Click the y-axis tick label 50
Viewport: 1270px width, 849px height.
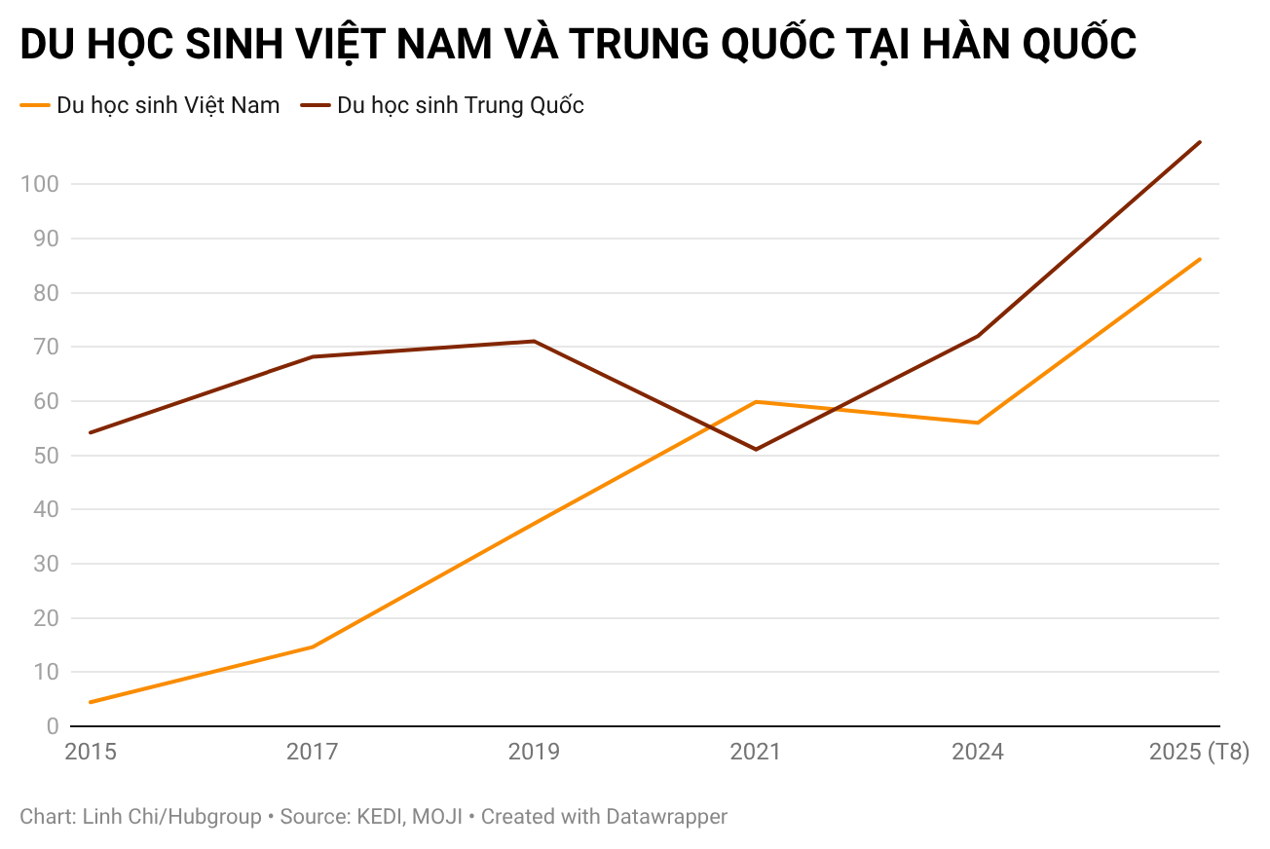pyautogui.click(x=46, y=456)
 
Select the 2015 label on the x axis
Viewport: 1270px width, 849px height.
pyautogui.click(x=91, y=753)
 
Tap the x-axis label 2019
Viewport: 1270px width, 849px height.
pyautogui.click(x=534, y=753)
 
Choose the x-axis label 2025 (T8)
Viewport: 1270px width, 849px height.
pyautogui.click(x=1199, y=753)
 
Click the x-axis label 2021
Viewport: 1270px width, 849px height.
pyautogui.click(x=756, y=753)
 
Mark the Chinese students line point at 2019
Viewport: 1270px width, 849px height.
pyautogui.click(x=534, y=341)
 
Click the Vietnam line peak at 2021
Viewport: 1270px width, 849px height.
pyautogui.click(x=756, y=401)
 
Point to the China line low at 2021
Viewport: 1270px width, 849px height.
pyautogui.click(x=756, y=449)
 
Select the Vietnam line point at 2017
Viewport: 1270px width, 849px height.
pyautogui.click(x=313, y=646)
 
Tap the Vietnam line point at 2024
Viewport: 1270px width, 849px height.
pyautogui.click(x=978, y=423)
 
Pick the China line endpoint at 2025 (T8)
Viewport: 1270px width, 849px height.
pyautogui.click(x=1200, y=142)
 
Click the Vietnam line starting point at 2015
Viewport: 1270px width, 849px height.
pyautogui.click(x=91, y=702)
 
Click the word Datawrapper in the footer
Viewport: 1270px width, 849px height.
pyautogui.click(x=666, y=817)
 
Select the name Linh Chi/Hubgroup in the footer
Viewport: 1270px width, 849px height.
pyautogui.click(x=171, y=817)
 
